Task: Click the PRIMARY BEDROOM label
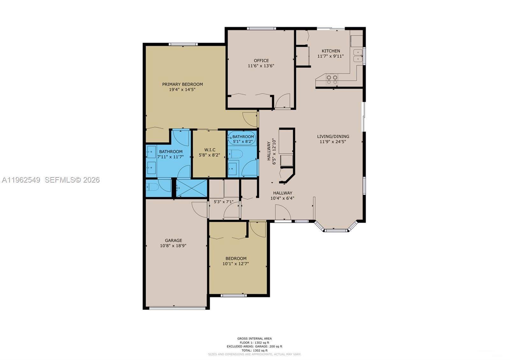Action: coord(182,84)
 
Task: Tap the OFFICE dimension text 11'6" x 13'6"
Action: coord(261,66)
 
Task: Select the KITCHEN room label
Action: coord(331,51)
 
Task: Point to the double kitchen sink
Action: coord(358,55)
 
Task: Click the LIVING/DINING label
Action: coord(333,136)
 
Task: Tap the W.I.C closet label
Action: coord(209,150)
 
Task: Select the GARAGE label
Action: coord(173,240)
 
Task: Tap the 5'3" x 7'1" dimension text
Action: coord(223,202)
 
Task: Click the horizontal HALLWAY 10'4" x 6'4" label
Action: coord(282,193)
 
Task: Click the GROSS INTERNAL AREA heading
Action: coord(254,339)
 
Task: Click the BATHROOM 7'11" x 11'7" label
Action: coord(171,152)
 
